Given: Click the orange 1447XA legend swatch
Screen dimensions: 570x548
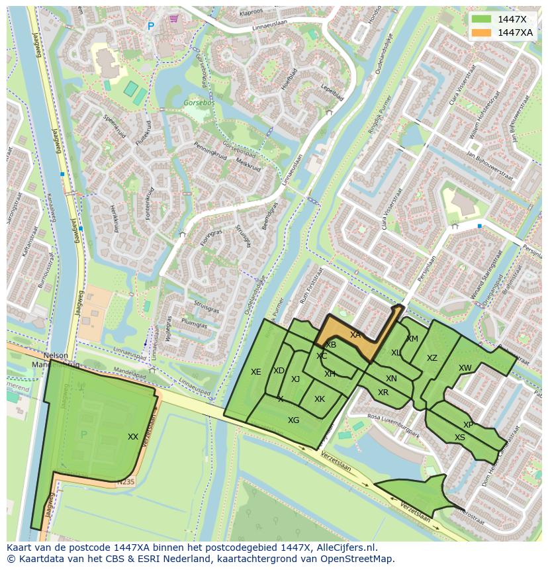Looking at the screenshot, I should (482, 32).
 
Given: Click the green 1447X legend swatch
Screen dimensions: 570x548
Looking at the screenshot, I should (482, 19).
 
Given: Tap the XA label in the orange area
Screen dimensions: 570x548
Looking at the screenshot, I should (355, 335).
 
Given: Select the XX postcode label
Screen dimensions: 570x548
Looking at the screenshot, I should (133, 437).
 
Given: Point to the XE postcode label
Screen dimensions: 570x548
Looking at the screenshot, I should (256, 372).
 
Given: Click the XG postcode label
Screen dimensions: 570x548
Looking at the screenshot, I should (293, 420).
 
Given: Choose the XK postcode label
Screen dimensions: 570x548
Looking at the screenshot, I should (320, 399).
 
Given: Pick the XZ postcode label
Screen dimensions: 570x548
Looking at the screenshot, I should (432, 358).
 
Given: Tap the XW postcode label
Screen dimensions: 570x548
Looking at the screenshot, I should (465, 368).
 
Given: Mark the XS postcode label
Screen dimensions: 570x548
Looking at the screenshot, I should (460, 438).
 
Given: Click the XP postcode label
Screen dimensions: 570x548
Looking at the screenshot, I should (469, 425).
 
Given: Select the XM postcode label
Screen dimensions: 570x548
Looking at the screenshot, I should (412, 339).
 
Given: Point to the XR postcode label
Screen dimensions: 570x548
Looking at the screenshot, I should (383, 393).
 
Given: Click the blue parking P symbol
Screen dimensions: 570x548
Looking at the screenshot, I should (150, 26).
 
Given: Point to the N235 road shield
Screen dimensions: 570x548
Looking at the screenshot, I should (125, 482).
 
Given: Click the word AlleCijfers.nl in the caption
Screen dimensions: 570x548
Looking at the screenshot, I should (345, 547).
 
